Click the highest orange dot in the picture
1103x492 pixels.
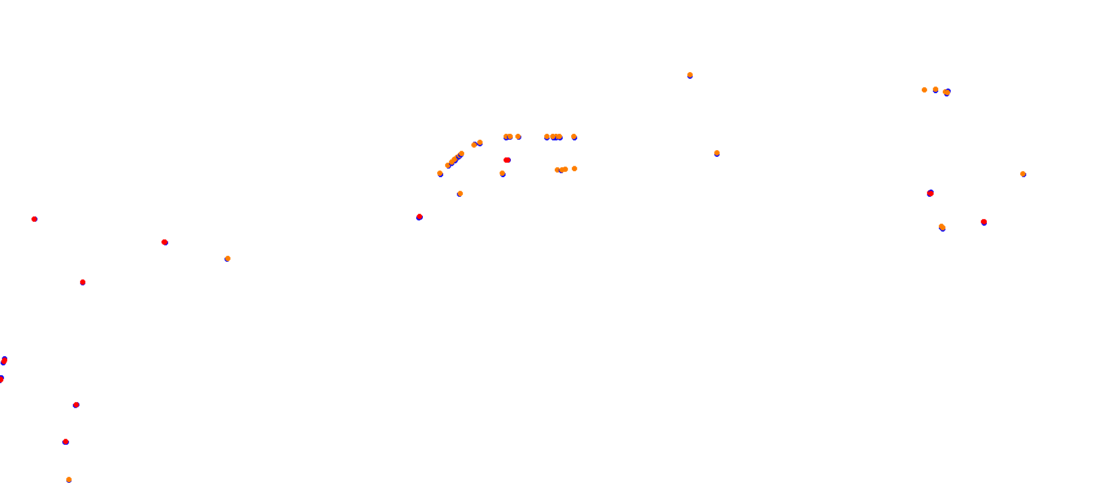point(690,75)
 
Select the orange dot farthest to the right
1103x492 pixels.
point(1023,174)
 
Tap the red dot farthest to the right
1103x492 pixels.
point(984,222)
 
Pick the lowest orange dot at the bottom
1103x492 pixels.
point(69,480)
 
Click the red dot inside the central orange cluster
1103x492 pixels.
point(507,160)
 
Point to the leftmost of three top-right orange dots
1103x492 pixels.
point(924,90)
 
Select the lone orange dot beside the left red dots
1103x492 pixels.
point(228,258)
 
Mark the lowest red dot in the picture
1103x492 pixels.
point(66,441)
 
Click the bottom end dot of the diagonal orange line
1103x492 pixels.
point(440,173)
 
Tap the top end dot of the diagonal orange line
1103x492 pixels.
point(480,142)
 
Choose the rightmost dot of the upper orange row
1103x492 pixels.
point(574,136)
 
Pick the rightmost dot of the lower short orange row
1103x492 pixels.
point(574,169)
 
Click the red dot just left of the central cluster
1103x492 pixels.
point(420,216)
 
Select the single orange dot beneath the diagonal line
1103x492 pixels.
point(460,194)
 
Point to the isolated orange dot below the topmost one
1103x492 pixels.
point(717,153)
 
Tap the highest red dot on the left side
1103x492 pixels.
point(34,219)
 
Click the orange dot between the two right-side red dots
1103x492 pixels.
point(942,227)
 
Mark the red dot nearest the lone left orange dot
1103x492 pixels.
point(165,242)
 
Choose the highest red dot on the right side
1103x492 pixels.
point(930,194)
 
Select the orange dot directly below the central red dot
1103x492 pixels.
point(502,173)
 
